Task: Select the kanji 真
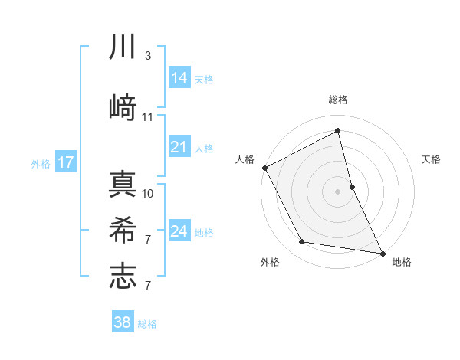click(123, 185)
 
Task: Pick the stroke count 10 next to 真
click(148, 193)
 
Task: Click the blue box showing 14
click(179, 78)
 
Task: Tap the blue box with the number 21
click(179, 147)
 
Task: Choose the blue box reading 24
click(179, 231)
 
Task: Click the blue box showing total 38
click(122, 322)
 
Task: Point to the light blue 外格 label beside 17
click(41, 163)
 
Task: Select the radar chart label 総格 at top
click(338, 100)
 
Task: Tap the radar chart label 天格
click(431, 159)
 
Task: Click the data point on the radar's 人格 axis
click(264, 167)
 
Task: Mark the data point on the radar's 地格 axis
click(383, 252)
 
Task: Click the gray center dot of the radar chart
click(338, 191)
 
